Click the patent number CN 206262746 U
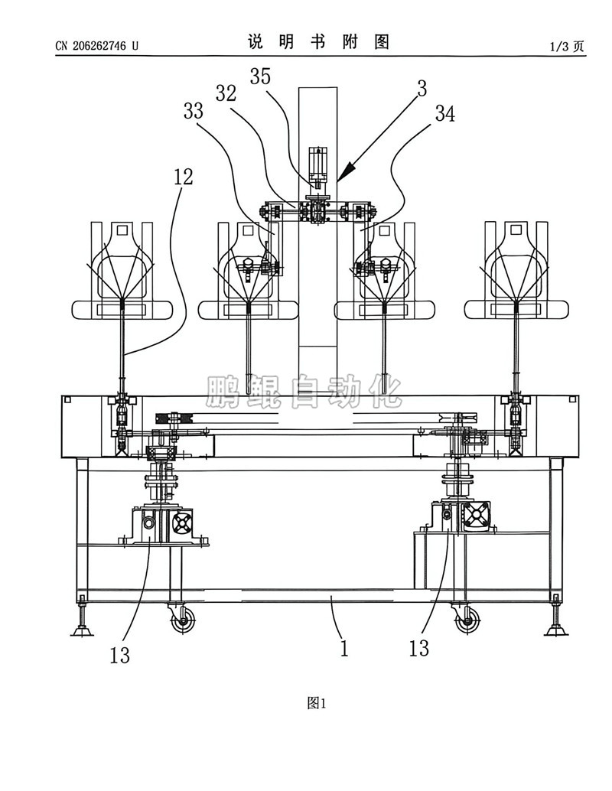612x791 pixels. tap(96, 46)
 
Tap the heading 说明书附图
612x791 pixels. tap(318, 42)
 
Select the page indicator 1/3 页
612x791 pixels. tap(567, 47)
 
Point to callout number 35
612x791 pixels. tap(260, 76)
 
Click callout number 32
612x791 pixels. tap(226, 93)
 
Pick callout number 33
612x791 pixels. tap(193, 111)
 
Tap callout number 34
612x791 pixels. tap(445, 114)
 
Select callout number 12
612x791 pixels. tap(183, 177)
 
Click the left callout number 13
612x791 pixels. tap(120, 656)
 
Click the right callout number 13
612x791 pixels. tap(418, 649)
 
